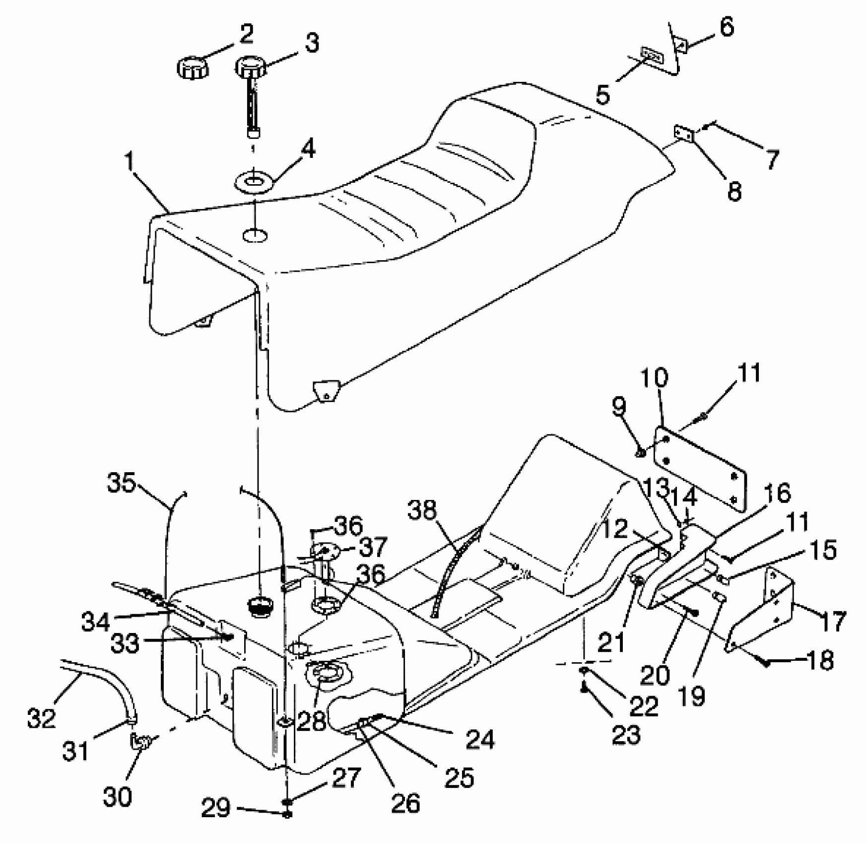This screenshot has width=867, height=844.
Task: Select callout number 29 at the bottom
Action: [x=215, y=809]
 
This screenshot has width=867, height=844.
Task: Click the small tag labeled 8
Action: [x=684, y=134]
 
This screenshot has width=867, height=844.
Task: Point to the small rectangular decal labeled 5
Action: [x=652, y=55]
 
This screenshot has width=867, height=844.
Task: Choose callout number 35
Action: [x=121, y=483]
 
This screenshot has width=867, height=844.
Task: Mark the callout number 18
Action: [x=819, y=661]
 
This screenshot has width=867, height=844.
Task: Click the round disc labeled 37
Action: [x=325, y=550]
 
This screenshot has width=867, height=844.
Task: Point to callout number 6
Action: [x=727, y=28]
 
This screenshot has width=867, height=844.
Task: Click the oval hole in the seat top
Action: [x=255, y=234]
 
